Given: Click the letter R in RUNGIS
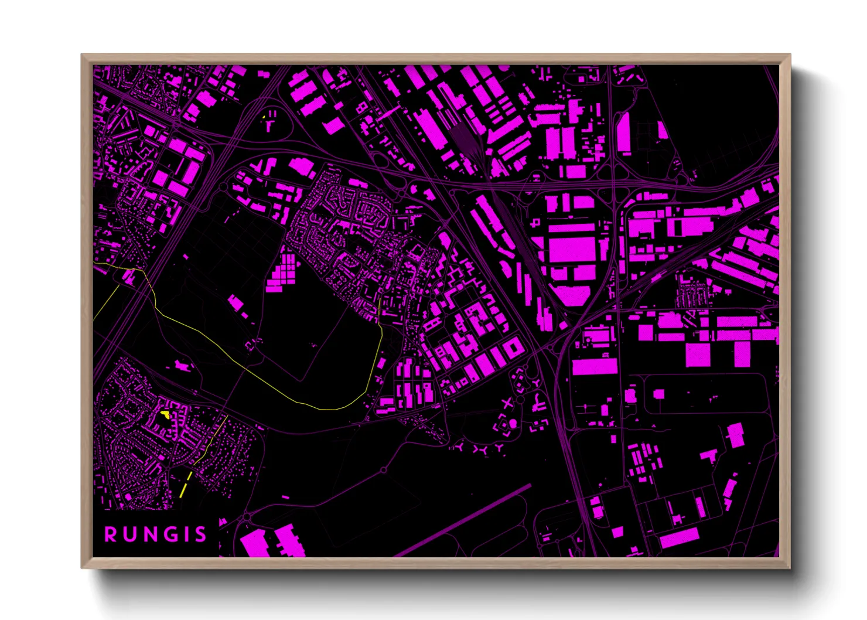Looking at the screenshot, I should point(110,534).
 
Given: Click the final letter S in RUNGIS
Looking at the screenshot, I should point(201,534).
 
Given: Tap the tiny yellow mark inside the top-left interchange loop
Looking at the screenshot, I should point(264,117).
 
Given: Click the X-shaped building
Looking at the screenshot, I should point(507,403).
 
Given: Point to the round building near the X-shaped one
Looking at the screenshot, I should point(513,423).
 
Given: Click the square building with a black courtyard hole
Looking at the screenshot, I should point(514,348).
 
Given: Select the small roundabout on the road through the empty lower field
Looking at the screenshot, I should point(384,470).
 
